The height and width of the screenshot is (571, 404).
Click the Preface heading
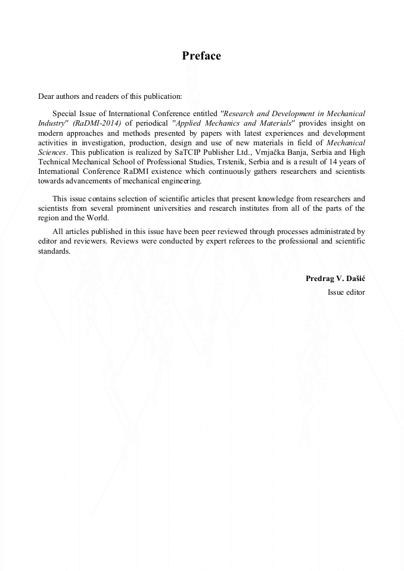201,56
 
